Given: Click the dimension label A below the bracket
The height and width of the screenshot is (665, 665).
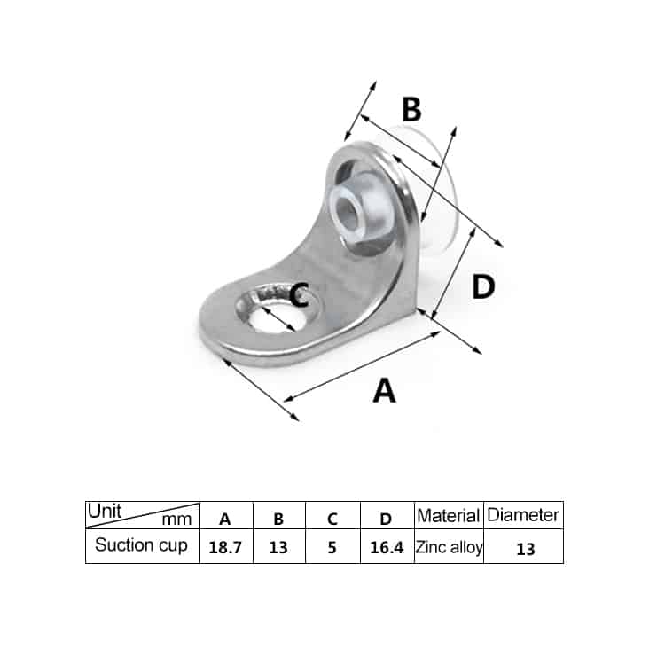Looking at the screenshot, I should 384,390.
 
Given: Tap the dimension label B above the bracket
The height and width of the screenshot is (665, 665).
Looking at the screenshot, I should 411,110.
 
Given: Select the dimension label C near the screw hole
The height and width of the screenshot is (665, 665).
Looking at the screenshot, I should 299,293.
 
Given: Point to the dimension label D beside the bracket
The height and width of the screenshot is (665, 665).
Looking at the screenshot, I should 482,286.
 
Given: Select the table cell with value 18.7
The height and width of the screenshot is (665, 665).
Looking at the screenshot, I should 225,547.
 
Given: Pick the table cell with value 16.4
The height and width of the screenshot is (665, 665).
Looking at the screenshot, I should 386,547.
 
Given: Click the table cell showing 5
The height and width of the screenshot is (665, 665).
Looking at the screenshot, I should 332,547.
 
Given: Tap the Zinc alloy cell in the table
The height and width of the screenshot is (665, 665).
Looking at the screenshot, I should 449,547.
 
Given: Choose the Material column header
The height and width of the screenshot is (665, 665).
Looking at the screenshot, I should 449,515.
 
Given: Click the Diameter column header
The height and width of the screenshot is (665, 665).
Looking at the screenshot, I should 524,514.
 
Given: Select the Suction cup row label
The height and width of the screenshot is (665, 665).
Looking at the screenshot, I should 141,545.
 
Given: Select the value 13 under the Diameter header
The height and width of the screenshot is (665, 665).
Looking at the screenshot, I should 525,548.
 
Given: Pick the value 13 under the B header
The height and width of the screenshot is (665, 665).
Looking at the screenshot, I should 278,547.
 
